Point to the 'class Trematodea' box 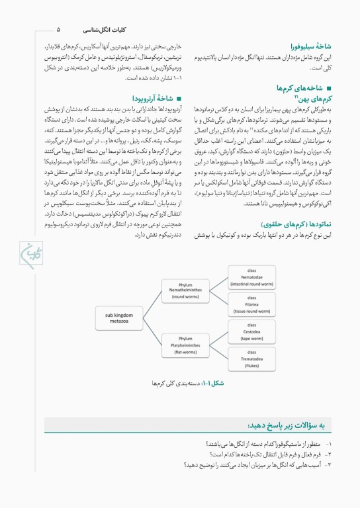pyautogui.click(x=251, y=359)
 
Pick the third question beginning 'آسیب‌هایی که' pyautogui.click(x=265, y=465)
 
